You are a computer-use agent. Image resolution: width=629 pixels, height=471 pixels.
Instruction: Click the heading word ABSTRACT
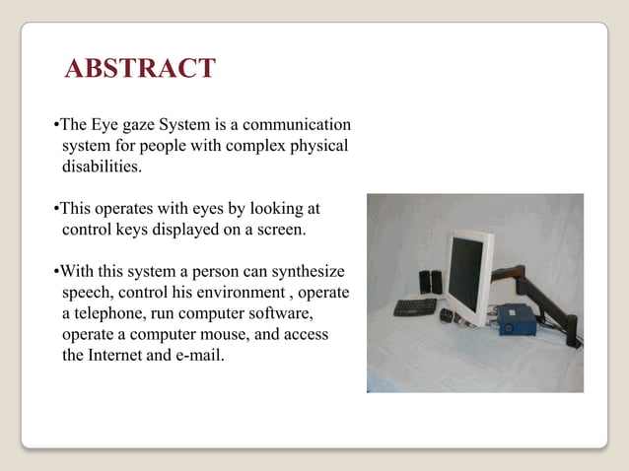pos(139,69)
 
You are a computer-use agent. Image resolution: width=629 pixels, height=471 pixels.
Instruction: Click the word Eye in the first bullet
pos(107,126)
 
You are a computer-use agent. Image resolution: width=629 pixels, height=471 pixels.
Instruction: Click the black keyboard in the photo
pos(414,306)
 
